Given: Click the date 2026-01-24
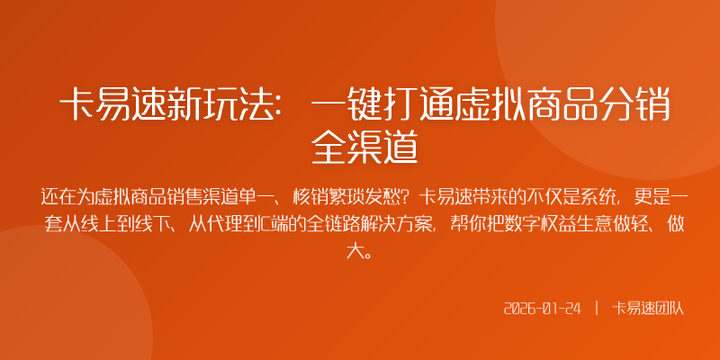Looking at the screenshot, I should coord(542,308).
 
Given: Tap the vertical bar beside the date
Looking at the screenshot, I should coord(596,308).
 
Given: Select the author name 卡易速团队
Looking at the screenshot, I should coord(648,308).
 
